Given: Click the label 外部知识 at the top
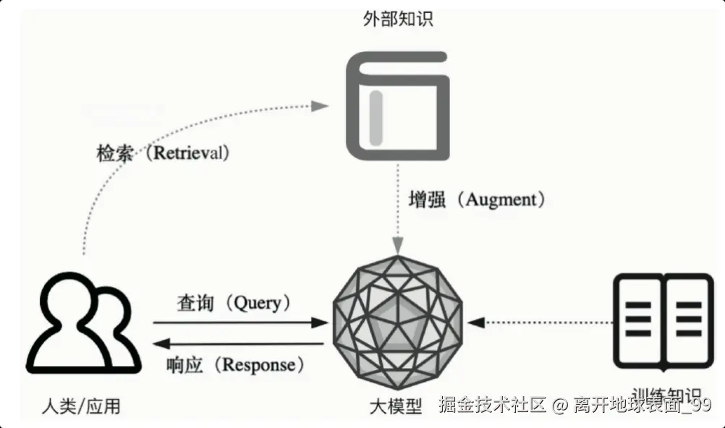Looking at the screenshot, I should click(x=397, y=20).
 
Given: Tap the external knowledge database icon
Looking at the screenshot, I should click(x=397, y=106).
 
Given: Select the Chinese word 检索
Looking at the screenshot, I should click(x=115, y=153).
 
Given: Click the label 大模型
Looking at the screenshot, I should click(x=395, y=406).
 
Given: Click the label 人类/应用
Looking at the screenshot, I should click(x=82, y=406).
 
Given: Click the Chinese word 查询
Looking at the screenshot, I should click(x=195, y=303).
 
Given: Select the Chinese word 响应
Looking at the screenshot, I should click(x=185, y=364).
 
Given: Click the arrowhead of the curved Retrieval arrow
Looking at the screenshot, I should click(x=320, y=106).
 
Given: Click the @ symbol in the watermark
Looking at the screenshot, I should click(x=559, y=406).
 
